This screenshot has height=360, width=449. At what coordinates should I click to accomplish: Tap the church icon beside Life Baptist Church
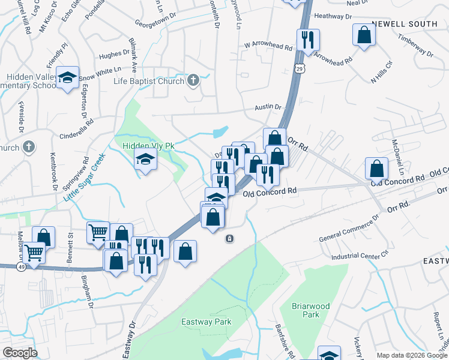pos(193,80)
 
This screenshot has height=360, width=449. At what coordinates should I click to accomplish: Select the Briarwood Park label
pos(310,310)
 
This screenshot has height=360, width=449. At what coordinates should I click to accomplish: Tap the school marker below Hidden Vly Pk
pos(145,161)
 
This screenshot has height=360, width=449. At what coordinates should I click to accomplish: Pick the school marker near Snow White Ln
pos(68,77)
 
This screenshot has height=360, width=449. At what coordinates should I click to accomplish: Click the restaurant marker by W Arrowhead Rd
pos(308,40)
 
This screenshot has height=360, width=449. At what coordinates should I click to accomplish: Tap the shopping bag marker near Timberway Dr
pos(364,35)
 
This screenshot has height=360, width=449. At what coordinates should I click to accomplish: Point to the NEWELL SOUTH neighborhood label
pos(405,24)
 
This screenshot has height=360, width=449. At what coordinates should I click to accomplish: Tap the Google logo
pos(20,353)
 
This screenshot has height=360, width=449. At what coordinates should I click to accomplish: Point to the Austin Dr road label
pos(268,106)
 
